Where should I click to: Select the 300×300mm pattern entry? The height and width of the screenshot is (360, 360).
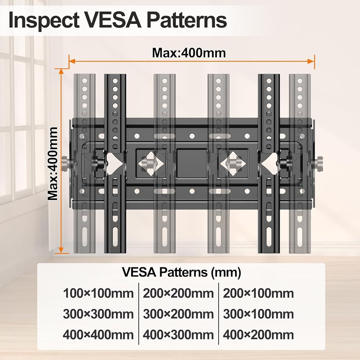(x=98, y=314)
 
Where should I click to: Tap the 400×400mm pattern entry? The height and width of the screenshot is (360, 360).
(x=98, y=335)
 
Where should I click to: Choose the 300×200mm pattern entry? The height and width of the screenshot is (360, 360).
(x=179, y=314)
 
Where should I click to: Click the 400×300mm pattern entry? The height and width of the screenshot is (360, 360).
(x=179, y=335)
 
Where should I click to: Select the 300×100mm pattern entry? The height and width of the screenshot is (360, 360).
(x=258, y=314)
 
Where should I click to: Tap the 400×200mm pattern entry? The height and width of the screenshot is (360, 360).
(x=258, y=335)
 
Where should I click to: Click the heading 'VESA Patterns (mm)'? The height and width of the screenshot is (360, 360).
(x=181, y=272)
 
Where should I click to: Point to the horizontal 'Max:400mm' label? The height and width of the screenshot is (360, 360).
(x=189, y=53)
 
